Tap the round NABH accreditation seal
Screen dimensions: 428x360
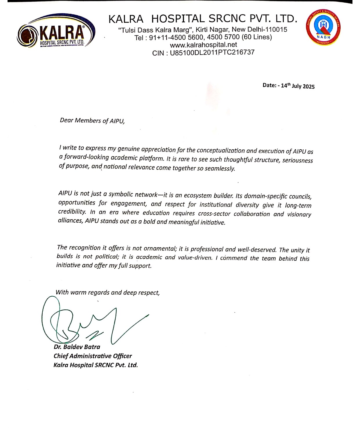323,27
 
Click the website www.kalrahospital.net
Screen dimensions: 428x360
203,45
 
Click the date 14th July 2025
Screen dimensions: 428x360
298,86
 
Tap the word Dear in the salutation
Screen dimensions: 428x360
66,120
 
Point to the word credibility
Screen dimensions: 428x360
72,211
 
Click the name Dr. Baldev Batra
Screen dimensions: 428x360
77,347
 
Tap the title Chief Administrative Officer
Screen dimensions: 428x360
93,356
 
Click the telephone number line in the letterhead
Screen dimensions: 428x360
203,37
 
